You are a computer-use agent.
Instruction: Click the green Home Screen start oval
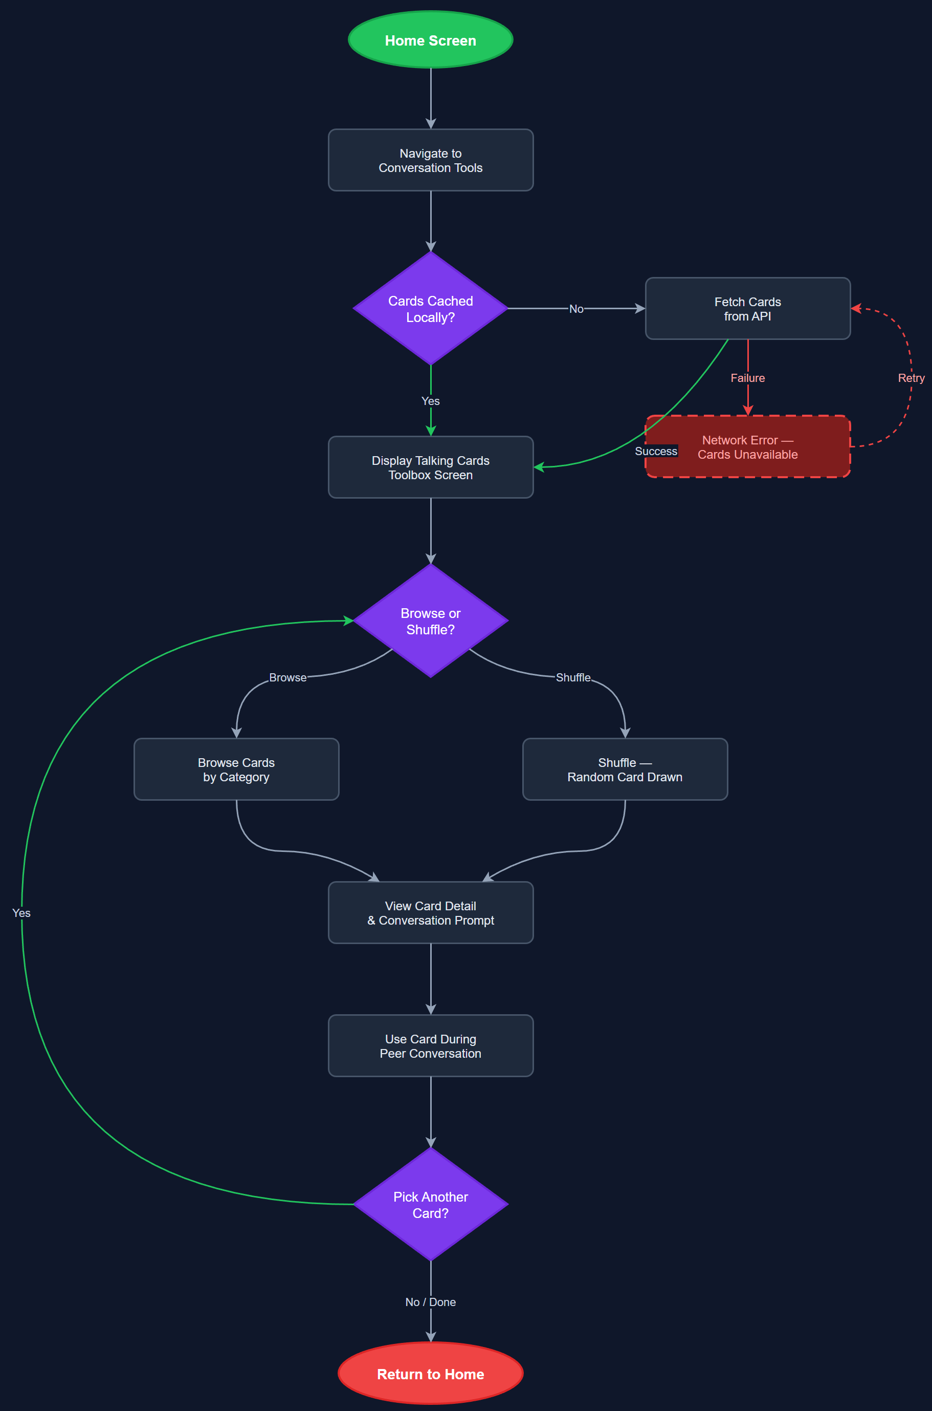pos(430,40)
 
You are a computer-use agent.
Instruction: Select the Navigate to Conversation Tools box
pos(430,160)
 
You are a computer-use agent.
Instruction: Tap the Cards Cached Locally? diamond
pos(430,308)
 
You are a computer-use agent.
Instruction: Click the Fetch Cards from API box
pos(747,308)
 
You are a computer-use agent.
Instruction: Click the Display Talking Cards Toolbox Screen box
pos(430,467)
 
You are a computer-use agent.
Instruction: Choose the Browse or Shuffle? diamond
pos(430,621)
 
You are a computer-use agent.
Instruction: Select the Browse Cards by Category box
pos(236,769)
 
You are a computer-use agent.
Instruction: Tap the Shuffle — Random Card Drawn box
pos(625,769)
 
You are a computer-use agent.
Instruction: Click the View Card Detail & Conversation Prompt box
pos(430,912)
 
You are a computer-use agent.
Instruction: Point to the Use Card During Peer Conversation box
pos(430,1046)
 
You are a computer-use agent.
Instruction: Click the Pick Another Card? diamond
pos(430,1204)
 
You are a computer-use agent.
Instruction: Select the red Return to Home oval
pos(430,1374)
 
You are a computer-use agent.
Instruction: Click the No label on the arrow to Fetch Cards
pos(576,309)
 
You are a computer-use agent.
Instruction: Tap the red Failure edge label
pos(747,378)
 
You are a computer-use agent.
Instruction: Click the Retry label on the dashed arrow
pos(911,378)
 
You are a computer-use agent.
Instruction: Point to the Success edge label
pos(656,451)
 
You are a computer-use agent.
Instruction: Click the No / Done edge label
pos(430,1301)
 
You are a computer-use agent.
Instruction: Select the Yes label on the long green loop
pos(21,912)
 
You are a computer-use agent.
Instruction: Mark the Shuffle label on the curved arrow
pos(573,677)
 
